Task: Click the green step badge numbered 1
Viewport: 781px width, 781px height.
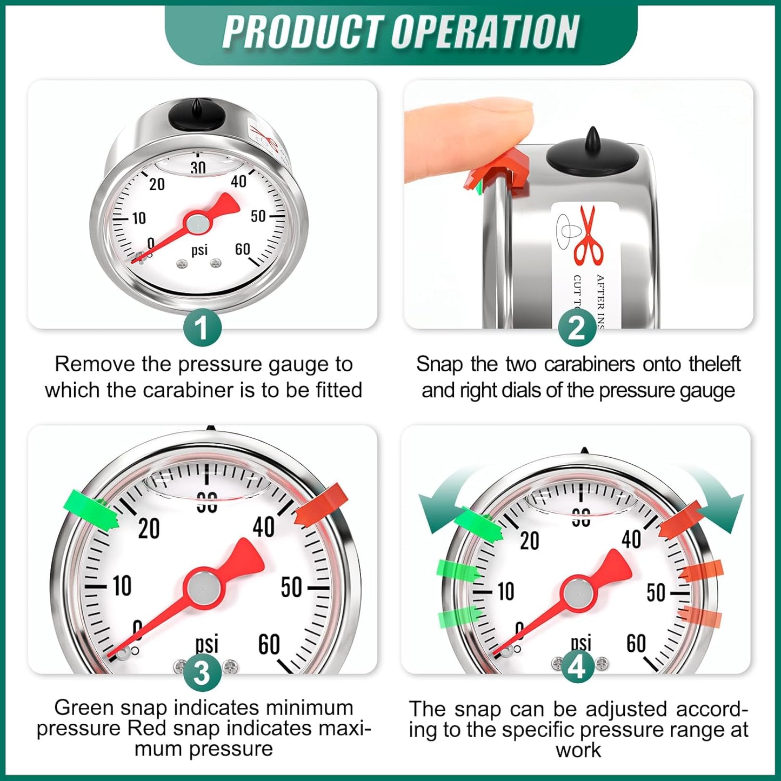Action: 202,328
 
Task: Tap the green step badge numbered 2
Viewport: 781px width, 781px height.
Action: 577,328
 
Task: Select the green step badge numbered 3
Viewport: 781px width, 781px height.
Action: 202,673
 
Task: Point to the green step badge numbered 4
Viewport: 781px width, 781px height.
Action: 577,667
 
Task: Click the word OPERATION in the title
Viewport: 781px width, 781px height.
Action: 485,32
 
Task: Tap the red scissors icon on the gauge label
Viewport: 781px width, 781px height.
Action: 589,236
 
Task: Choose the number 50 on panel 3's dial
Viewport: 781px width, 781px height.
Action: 291,587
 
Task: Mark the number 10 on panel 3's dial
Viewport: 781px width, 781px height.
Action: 122,585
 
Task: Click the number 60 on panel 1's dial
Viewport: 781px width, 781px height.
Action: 242,249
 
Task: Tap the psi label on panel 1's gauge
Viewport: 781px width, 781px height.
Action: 199,250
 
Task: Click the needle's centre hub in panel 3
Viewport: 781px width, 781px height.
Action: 204,587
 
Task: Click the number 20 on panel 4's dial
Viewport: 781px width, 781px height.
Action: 529,540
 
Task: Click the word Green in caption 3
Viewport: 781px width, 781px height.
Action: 84,707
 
